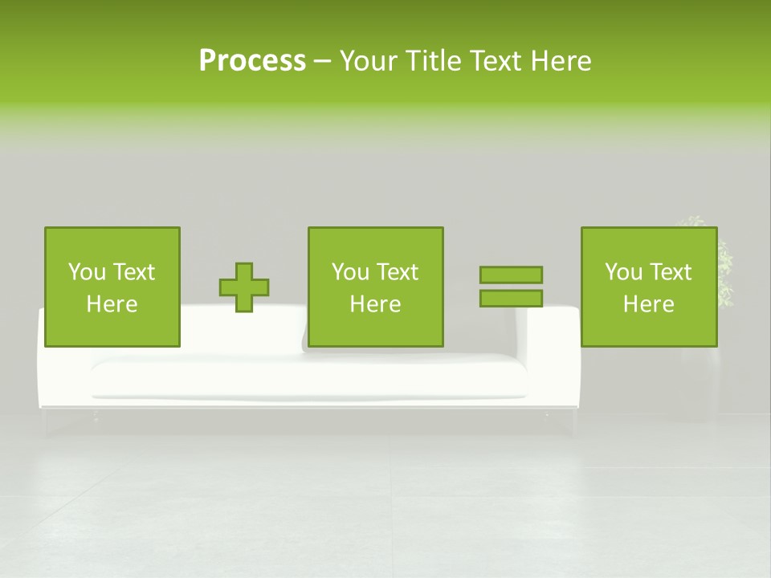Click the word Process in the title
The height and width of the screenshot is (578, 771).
[x=252, y=61]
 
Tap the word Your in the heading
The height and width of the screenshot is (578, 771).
[x=371, y=61]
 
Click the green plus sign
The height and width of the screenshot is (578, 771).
[x=244, y=287]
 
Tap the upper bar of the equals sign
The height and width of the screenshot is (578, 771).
[x=511, y=275]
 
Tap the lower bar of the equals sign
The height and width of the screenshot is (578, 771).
[x=511, y=298]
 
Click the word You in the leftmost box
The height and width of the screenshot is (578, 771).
[x=87, y=272]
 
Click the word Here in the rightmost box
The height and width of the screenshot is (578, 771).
[x=648, y=304]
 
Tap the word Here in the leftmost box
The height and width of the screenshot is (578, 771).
[x=112, y=304]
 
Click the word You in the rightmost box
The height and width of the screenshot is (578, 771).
[x=623, y=272]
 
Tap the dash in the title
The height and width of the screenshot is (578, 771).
[x=323, y=61]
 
